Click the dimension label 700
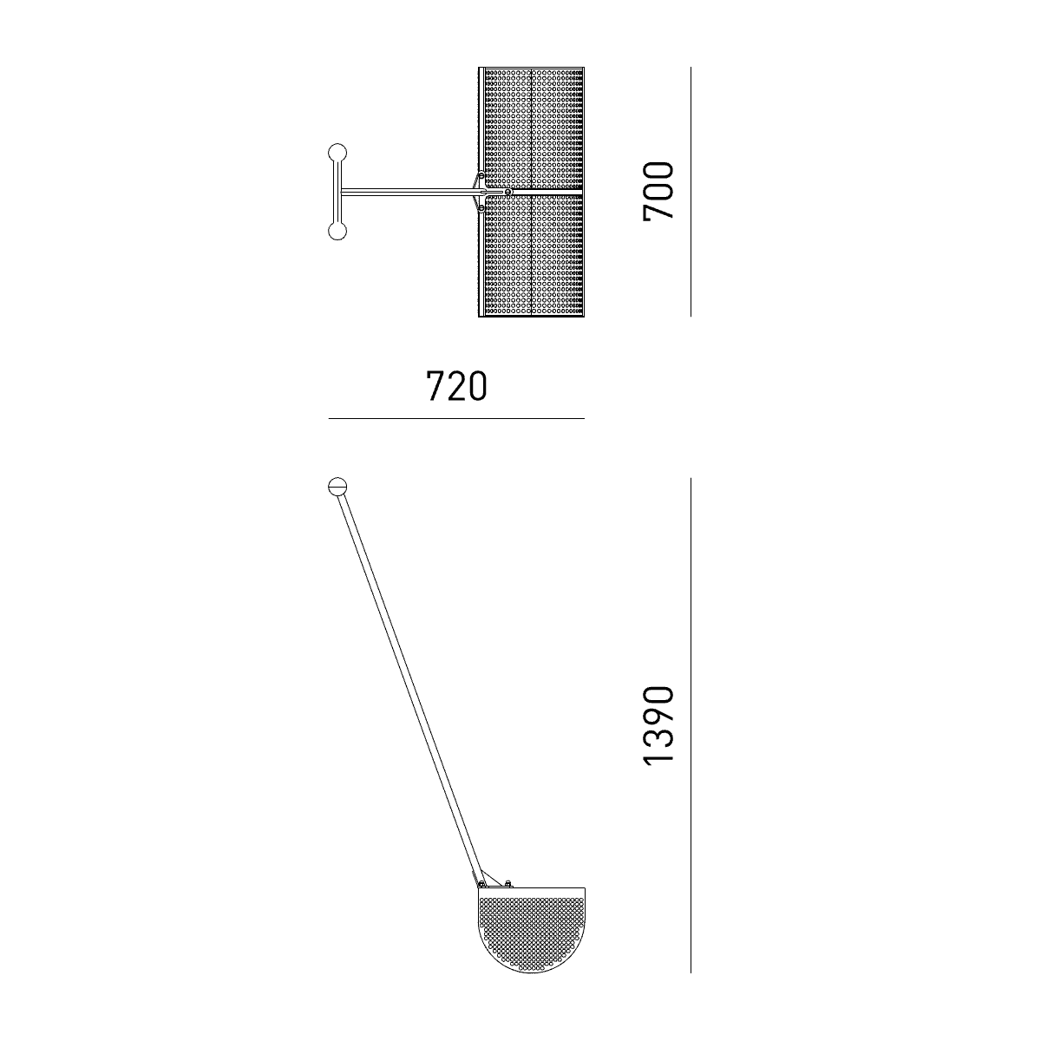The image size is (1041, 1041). tap(659, 191)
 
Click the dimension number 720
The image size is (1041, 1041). tap(456, 386)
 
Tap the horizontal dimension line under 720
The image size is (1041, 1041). tap(456, 419)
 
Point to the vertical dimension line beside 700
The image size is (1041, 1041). tap(691, 192)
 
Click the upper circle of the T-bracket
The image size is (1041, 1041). tap(337, 153)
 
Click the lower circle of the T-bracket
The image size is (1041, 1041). tap(337, 232)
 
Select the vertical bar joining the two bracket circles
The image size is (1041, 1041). tap(337, 192)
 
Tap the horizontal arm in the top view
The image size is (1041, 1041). tap(410, 191)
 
